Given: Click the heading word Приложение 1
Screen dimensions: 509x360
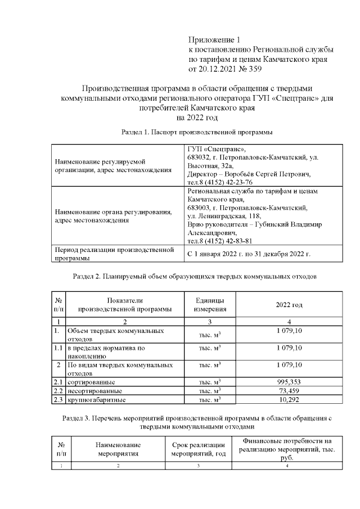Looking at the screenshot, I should (214, 40).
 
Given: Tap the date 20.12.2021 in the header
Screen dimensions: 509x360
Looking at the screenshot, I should (218, 69).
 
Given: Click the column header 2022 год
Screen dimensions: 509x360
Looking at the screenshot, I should (289, 304).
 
